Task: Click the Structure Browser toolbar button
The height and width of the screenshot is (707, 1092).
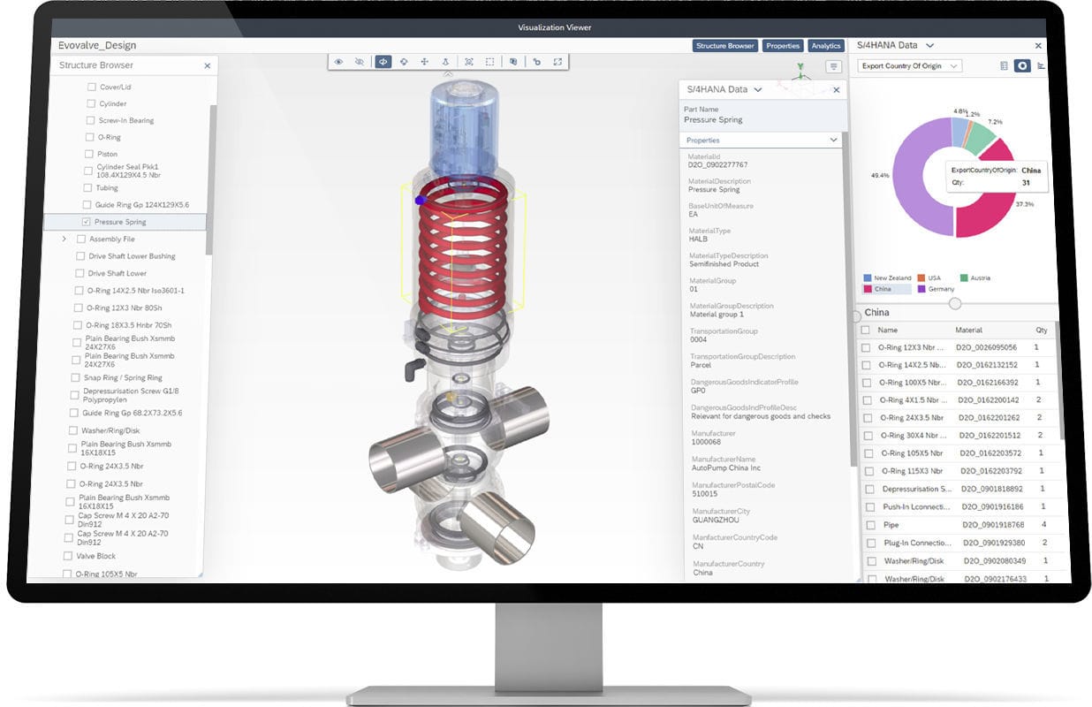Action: click(725, 46)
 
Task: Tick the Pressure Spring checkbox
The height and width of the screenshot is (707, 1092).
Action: click(86, 222)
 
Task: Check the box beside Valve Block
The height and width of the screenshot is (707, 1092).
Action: click(67, 556)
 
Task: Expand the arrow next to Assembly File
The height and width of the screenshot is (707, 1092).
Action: click(64, 239)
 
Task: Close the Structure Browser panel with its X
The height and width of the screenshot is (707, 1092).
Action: click(208, 65)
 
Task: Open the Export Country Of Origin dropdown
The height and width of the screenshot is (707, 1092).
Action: click(909, 66)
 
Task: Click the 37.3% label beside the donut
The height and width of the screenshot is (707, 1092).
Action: click(1024, 204)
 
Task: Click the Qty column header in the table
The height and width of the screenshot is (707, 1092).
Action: click(1042, 330)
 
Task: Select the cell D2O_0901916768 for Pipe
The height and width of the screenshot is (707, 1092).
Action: click(990, 525)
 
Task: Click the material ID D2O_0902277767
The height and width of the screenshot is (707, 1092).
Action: click(717, 165)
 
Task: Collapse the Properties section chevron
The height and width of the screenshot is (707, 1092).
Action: click(833, 140)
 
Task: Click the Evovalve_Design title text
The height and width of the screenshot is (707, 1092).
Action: click(97, 46)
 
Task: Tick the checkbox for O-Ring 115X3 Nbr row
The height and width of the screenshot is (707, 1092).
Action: click(866, 471)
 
